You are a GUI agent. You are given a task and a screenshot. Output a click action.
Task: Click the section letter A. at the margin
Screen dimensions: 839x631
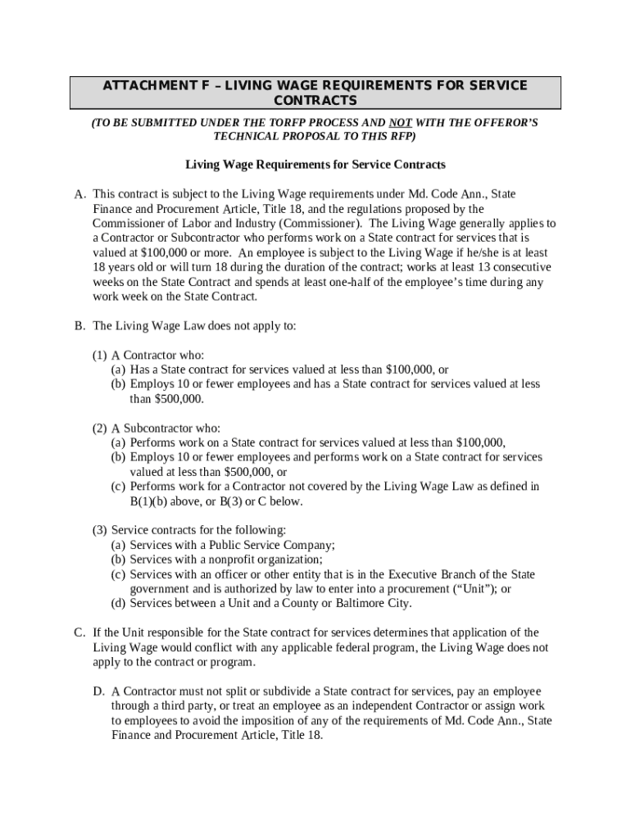click(x=79, y=194)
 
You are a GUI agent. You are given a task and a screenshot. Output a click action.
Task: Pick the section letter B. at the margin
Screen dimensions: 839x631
click(x=79, y=326)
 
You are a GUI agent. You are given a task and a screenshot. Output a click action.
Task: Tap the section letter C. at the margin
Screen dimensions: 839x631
click(x=79, y=633)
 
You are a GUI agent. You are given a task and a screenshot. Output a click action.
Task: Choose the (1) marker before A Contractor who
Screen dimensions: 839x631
click(x=99, y=356)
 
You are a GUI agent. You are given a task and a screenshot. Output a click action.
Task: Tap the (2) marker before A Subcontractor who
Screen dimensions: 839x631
click(x=99, y=429)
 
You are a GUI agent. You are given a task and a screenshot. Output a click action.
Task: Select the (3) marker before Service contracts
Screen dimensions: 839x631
click(x=99, y=530)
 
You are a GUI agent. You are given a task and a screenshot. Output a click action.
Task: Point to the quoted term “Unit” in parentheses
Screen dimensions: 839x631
click(x=470, y=589)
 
